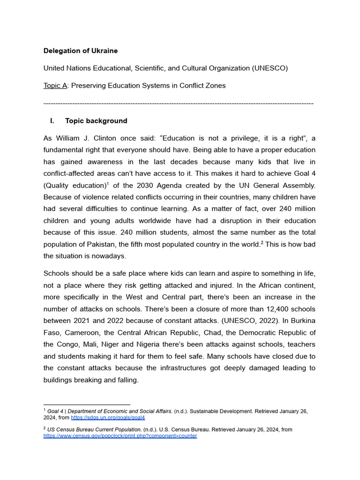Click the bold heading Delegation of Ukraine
click(x=81, y=51)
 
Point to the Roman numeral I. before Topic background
click(x=52, y=121)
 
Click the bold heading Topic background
click(x=96, y=121)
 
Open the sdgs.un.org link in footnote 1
click(x=108, y=418)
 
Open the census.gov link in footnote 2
click(x=120, y=436)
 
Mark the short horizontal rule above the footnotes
click(x=86, y=405)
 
